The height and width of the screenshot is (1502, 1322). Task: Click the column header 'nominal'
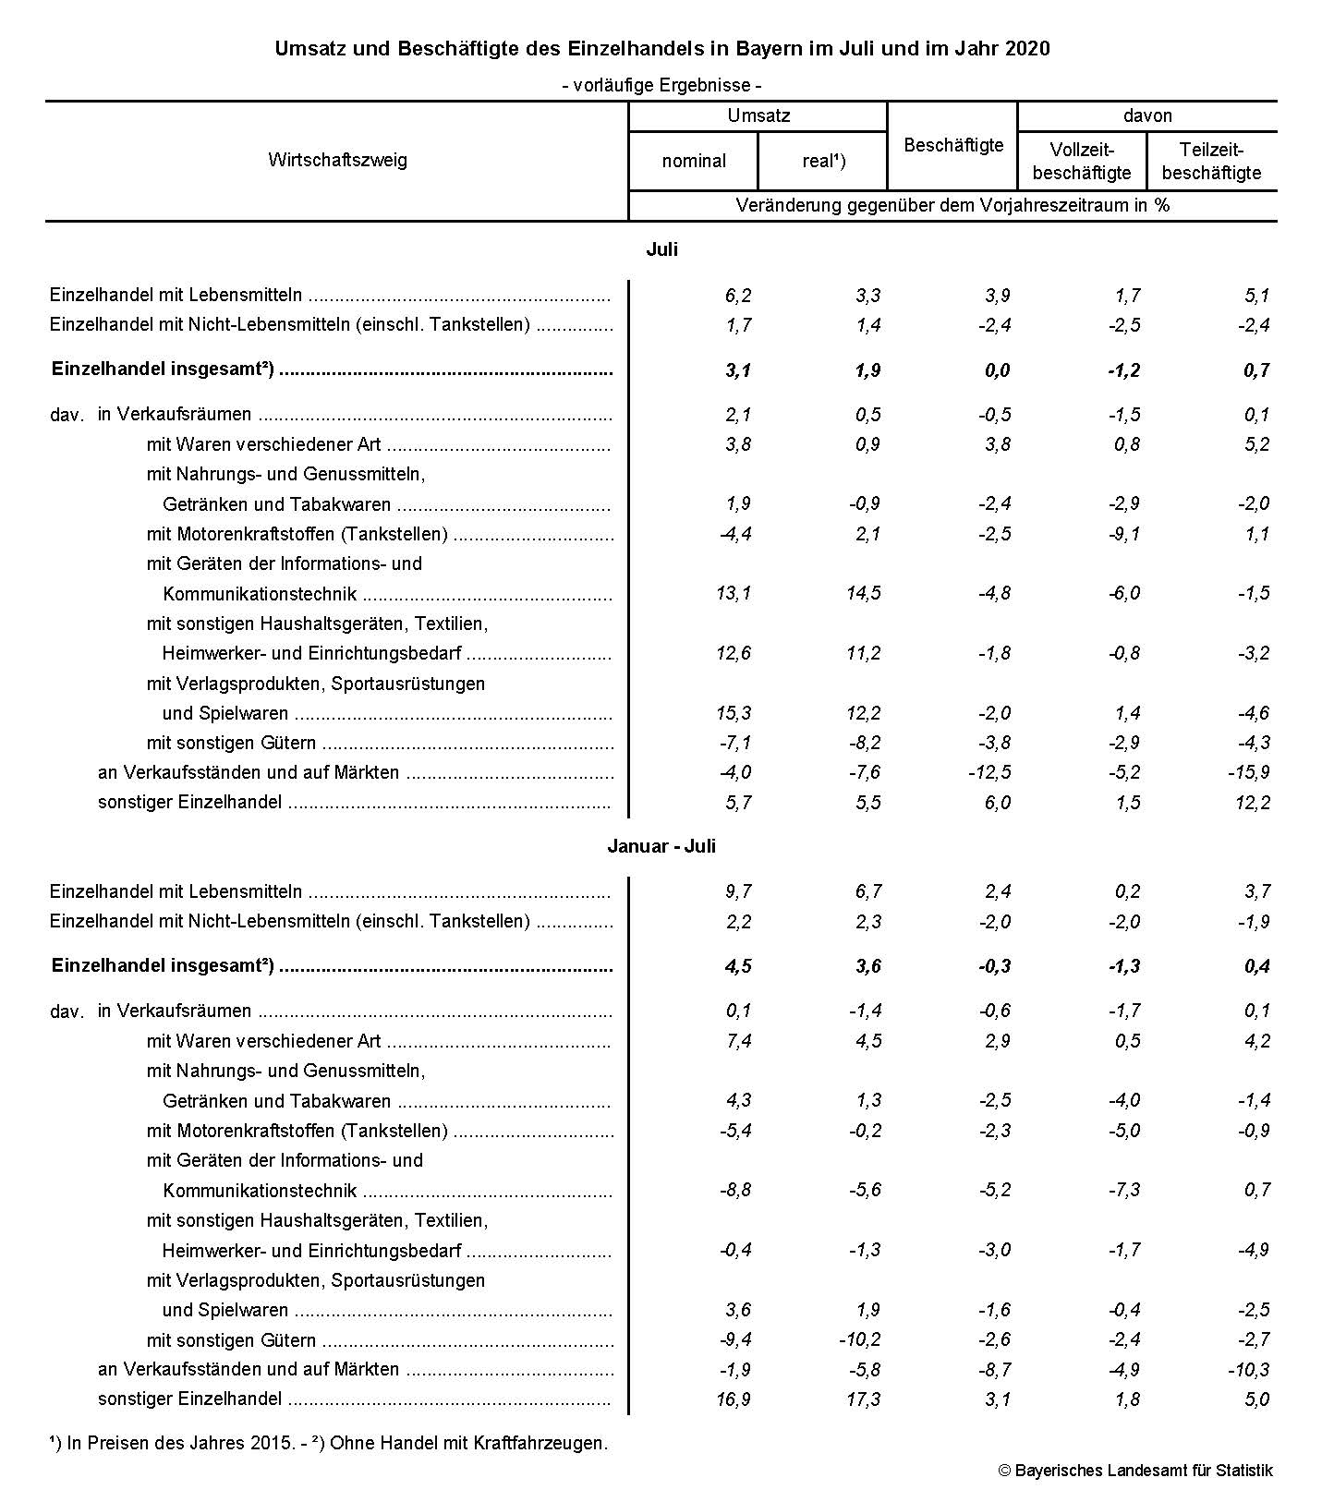tap(694, 161)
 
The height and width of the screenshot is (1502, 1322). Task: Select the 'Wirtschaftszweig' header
tap(337, 160)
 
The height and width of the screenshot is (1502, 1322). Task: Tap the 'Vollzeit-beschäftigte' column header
tap(1081, 161)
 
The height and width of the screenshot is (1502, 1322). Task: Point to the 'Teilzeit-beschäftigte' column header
tap(1212, 161)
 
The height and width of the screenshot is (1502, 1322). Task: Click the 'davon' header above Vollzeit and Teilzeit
tap(1147, 115)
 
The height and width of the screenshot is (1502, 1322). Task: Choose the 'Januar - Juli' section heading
tap(661, 846)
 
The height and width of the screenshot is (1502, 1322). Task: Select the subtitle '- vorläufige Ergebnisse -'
tap(661, 85)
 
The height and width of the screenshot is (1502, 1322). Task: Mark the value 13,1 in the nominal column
tap(734, 593)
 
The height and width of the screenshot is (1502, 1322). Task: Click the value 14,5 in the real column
tap(863, 593)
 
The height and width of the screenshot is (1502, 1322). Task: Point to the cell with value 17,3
tap(863, 1399)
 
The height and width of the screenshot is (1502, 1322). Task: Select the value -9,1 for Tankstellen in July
tap(1122, 534)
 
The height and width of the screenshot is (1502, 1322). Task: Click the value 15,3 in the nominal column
tap(734, 713)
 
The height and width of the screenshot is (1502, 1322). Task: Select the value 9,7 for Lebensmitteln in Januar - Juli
tap(738, 891)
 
